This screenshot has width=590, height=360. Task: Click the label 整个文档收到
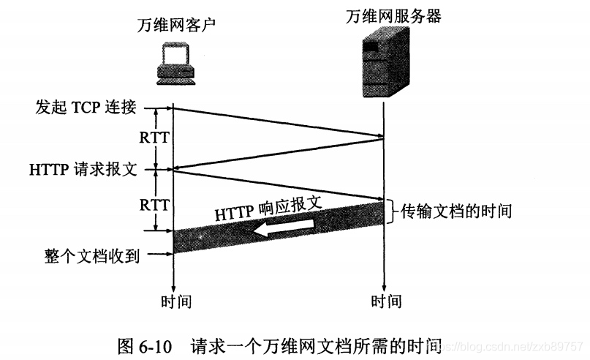(x=91, y=255)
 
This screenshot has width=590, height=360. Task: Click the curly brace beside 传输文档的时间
(x=393, y=211)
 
